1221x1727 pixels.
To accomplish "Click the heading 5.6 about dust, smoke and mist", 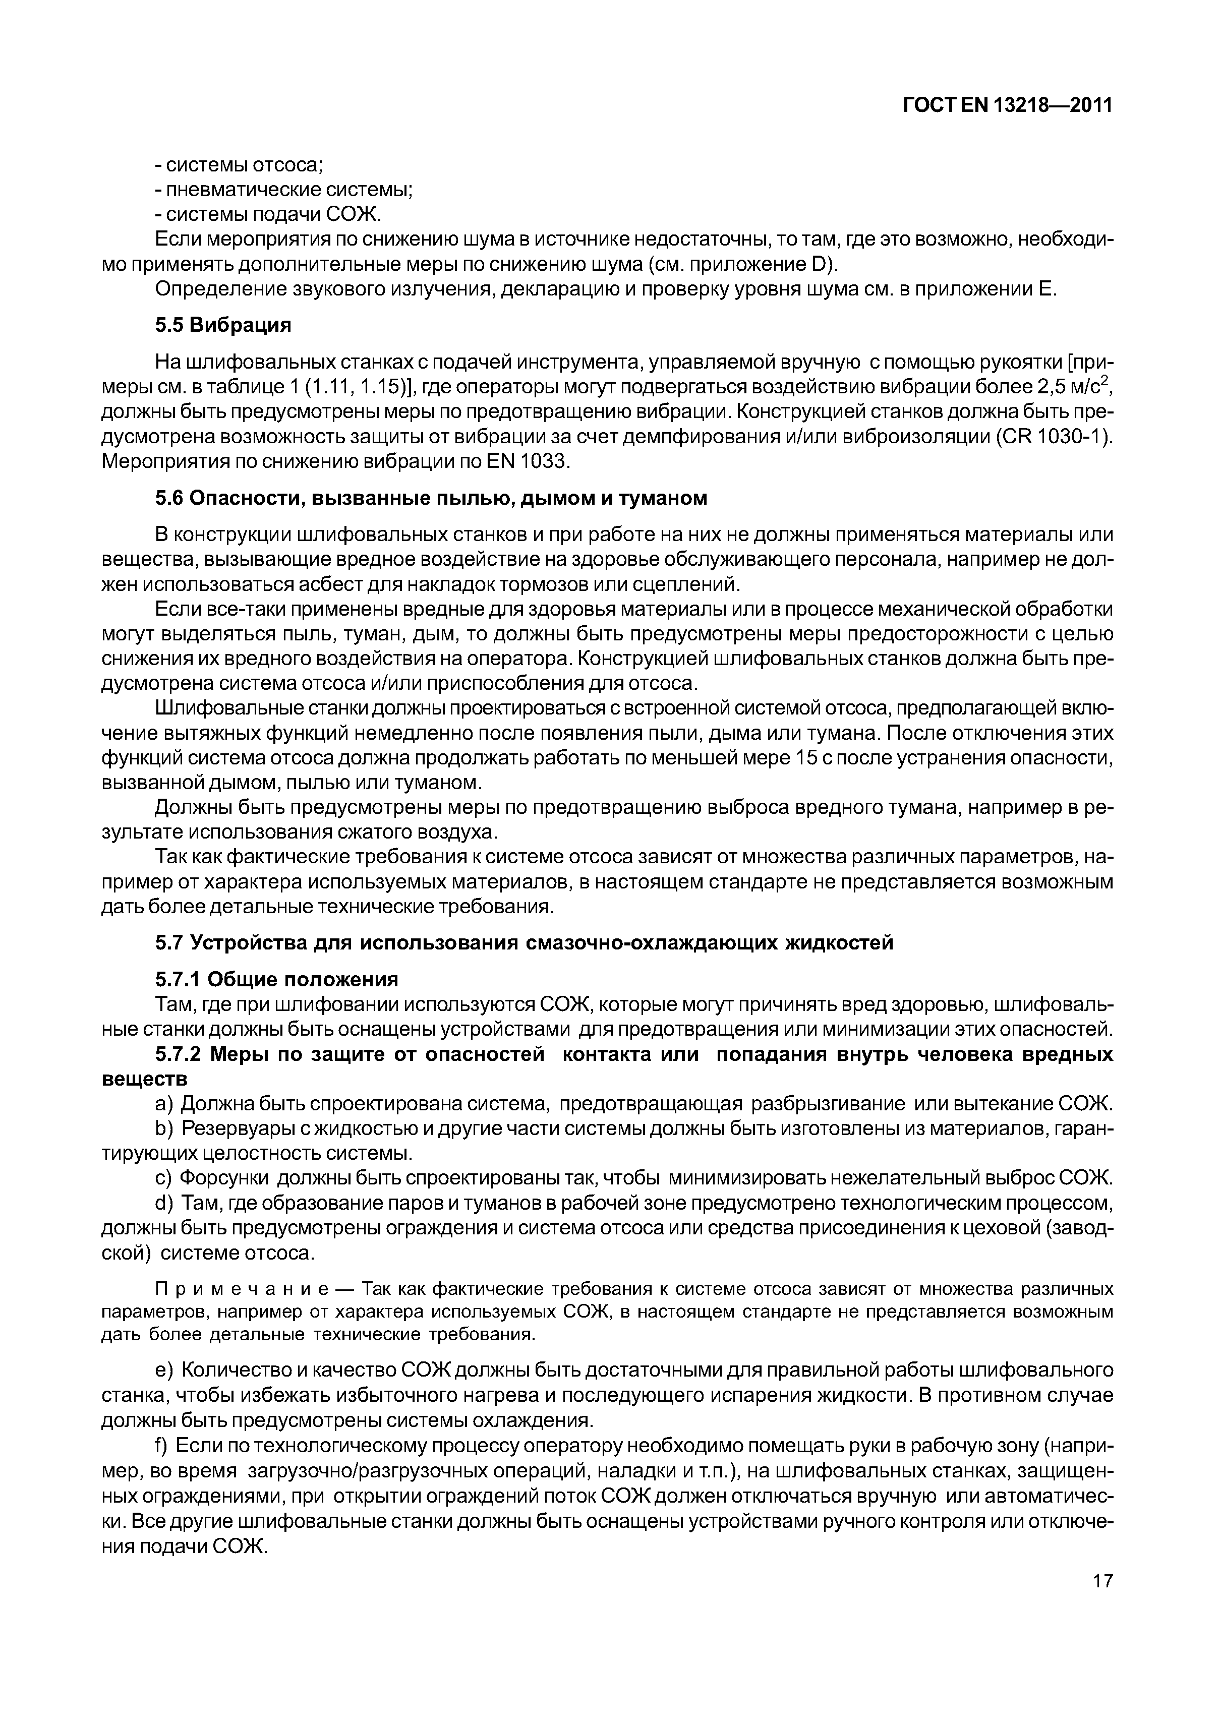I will click(x=431, y=498).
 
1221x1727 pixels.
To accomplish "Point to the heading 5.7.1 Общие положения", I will click(x=276, y=979).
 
